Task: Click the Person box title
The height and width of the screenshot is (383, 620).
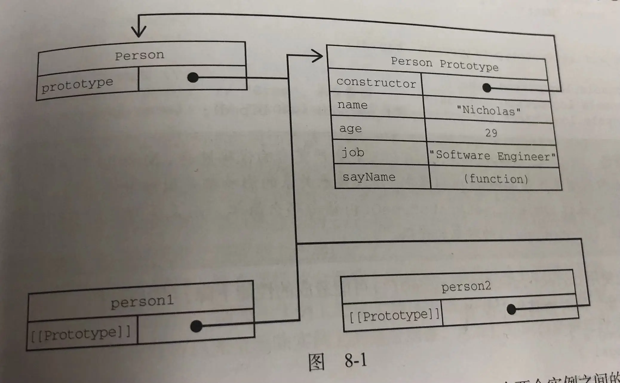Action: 140,55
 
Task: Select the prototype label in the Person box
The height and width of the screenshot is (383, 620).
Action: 77,85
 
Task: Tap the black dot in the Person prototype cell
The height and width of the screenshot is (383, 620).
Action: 193,77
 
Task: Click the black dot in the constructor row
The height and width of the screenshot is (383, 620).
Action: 487,88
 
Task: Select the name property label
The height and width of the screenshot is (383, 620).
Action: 352,105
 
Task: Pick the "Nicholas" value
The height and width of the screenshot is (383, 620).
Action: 489,111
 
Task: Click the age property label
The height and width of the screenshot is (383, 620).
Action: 351,129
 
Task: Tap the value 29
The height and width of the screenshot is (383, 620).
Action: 491,133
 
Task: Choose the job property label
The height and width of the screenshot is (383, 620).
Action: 353,153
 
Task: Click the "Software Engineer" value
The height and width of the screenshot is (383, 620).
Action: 492,156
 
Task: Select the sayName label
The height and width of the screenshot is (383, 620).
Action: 369,177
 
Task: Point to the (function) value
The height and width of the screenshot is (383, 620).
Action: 496,179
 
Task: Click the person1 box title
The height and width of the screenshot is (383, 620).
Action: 142,302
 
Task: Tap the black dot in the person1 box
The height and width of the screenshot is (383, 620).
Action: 196,326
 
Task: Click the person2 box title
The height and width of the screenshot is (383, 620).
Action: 466,287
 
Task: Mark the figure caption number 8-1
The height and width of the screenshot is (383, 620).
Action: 355,360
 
